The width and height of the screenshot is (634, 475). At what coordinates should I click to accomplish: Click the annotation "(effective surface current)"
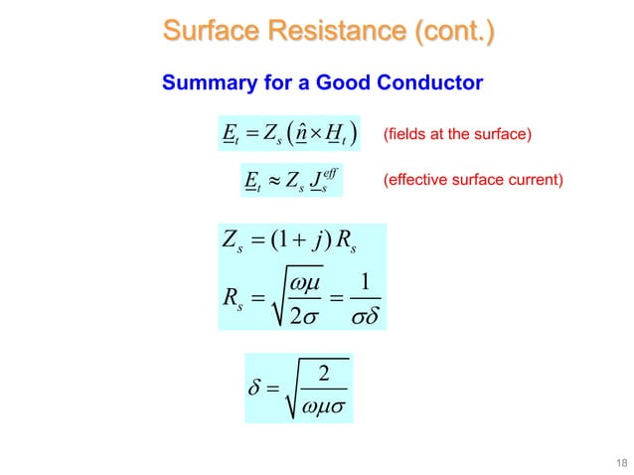472,181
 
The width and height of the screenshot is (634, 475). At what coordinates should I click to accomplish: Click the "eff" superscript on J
328,171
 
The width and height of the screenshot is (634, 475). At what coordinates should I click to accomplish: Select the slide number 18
620,459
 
